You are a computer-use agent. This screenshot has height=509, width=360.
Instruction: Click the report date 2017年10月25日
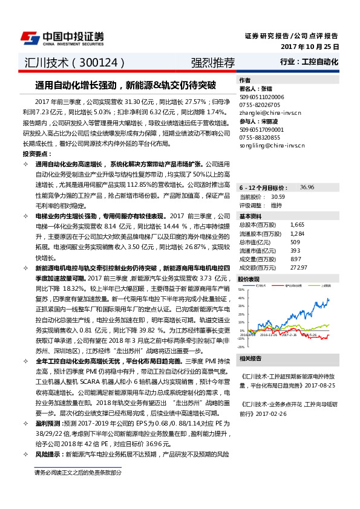[x=310, y=47]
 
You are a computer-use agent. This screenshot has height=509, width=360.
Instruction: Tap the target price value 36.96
[x=307, y=188]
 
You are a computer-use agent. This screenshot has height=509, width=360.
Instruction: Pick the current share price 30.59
[x=278, y=196]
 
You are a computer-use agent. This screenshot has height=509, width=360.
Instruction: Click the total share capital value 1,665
[x=296, y=224]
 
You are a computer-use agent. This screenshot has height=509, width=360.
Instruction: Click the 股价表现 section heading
[x=249, y=279]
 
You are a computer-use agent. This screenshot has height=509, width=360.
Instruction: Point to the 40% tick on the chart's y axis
[x=241, y=297]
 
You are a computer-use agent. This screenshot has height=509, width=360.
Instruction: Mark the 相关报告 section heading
[x=250, y=358]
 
